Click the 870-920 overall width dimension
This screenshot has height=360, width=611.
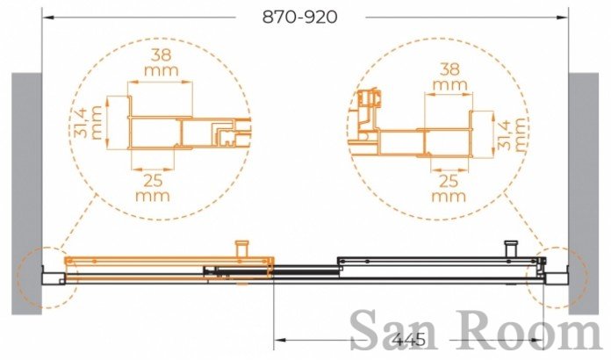click(299, 18)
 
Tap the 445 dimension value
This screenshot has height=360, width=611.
click(409, 340)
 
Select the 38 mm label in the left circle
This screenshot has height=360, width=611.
click(162, 62)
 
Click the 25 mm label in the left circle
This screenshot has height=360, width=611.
click(153, 188)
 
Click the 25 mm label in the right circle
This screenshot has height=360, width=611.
click(449, 188)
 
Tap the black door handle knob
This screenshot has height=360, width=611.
click(510, 248)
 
